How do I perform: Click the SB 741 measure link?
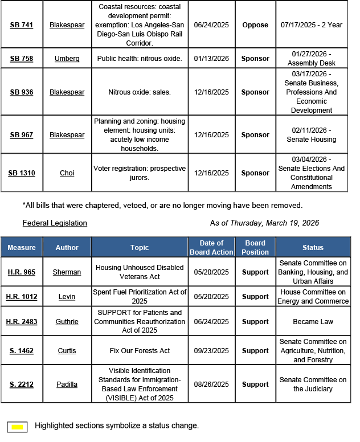(x=22, y=26)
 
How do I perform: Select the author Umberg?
(x=67, y=59)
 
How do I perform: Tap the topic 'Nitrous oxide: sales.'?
(x=140, y=92)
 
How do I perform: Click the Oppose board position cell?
(x=255, y=26)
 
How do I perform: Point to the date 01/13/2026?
(x=211, y=59)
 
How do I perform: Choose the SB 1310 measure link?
(x=22, y=173)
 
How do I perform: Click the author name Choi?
(x=67, y=173)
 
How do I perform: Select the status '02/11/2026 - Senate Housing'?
(x=312, y=135)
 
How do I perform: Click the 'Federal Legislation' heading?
(x=55, y=223)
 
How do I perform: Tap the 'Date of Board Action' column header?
(x=211, y=247)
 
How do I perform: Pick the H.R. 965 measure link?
(x=22, y=272)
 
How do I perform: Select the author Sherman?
(x=67, y=272)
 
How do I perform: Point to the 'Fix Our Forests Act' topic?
(x=140, y=351)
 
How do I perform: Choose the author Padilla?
(x=67, y=384)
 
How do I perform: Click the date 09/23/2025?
(x=211, y=351)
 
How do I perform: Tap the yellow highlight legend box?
(x=18, y=426)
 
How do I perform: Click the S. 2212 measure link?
(x=22, y=384)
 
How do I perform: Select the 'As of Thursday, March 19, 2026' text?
(x=264, y=223)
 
